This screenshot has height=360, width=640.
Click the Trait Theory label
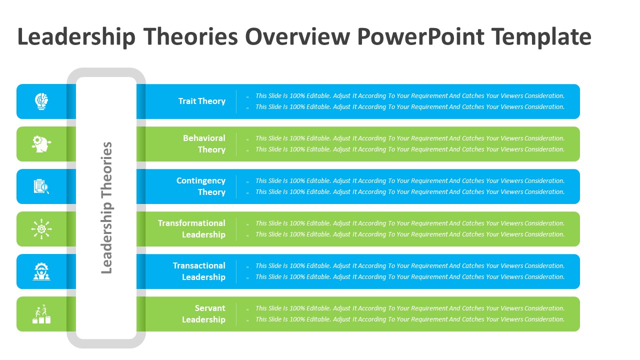[201, 101]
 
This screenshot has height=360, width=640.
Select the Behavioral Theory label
[204, 143]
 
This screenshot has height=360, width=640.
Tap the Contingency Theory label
[201, 186]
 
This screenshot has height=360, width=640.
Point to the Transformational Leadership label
[191, 228]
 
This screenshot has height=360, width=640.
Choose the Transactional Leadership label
[199, 271]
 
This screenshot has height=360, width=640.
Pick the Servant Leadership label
[203, 313]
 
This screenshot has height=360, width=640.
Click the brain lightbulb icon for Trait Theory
[41, 101]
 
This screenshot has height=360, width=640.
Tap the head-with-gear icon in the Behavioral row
[41, 144]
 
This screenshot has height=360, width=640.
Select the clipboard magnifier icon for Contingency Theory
[41, 186]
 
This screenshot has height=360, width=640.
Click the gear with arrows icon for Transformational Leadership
[41, 229]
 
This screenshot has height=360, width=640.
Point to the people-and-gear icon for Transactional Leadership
[41, 271]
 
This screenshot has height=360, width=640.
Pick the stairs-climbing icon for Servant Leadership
[41, 314]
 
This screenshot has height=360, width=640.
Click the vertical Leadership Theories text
[106, 207]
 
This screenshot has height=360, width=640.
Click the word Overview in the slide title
[297, 37]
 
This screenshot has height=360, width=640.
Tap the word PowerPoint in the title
[421, 37]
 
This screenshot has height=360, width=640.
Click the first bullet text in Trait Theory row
[409, 95]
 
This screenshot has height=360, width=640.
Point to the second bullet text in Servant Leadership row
[409, 319]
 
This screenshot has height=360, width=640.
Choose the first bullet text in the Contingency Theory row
[409, 180]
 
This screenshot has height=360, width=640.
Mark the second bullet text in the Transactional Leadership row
[409, 276]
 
